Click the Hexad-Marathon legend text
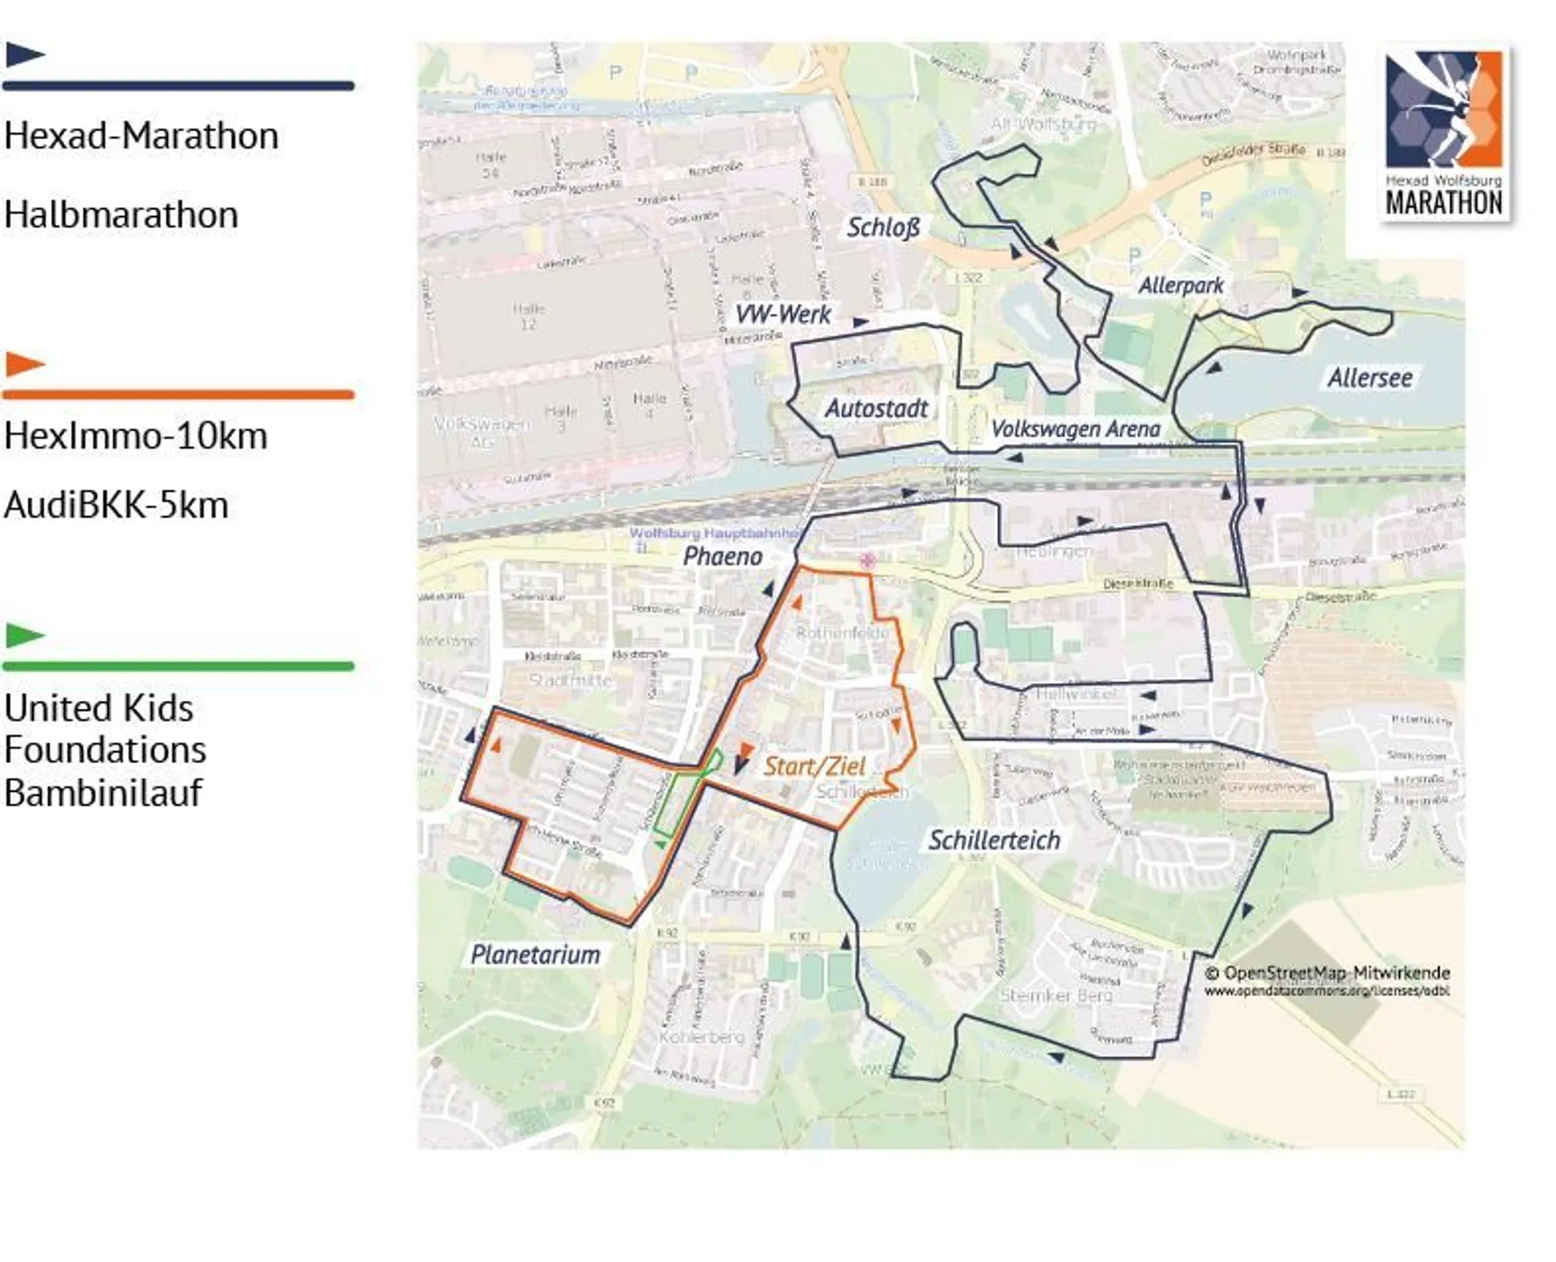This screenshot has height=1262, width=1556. [x=141, y=137]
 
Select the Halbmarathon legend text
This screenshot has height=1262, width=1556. [x=121, y=215]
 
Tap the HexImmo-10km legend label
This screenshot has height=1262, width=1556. [x=136, y=436]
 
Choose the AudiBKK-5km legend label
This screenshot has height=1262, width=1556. [x=116, y=506]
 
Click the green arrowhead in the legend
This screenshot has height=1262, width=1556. [x=23, y=635]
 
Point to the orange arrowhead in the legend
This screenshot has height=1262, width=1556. [x=23, y=364]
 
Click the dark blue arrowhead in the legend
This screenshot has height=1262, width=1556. [x=23, y=54]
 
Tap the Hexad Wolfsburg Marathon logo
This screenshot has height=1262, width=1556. [x=1444, y=134]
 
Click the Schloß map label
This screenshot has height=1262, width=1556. [x=883, y=227]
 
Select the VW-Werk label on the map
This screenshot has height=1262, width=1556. [x=782, y=314]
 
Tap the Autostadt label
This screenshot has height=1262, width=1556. [x=876, y=408]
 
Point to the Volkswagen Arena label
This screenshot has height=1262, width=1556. [x=1075, y=429]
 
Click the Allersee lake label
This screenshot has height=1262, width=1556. [x=1369, y=378]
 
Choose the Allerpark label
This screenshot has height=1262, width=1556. [x=1181, y=285]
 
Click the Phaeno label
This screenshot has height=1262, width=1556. [x=723, y=556]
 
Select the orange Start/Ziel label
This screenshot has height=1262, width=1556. [x=814, y=766]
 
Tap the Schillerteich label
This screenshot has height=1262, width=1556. [x=994, y=839]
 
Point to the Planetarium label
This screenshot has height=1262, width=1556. [x=535, y=954]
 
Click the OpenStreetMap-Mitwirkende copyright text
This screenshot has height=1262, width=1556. [x=1327, y=973]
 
